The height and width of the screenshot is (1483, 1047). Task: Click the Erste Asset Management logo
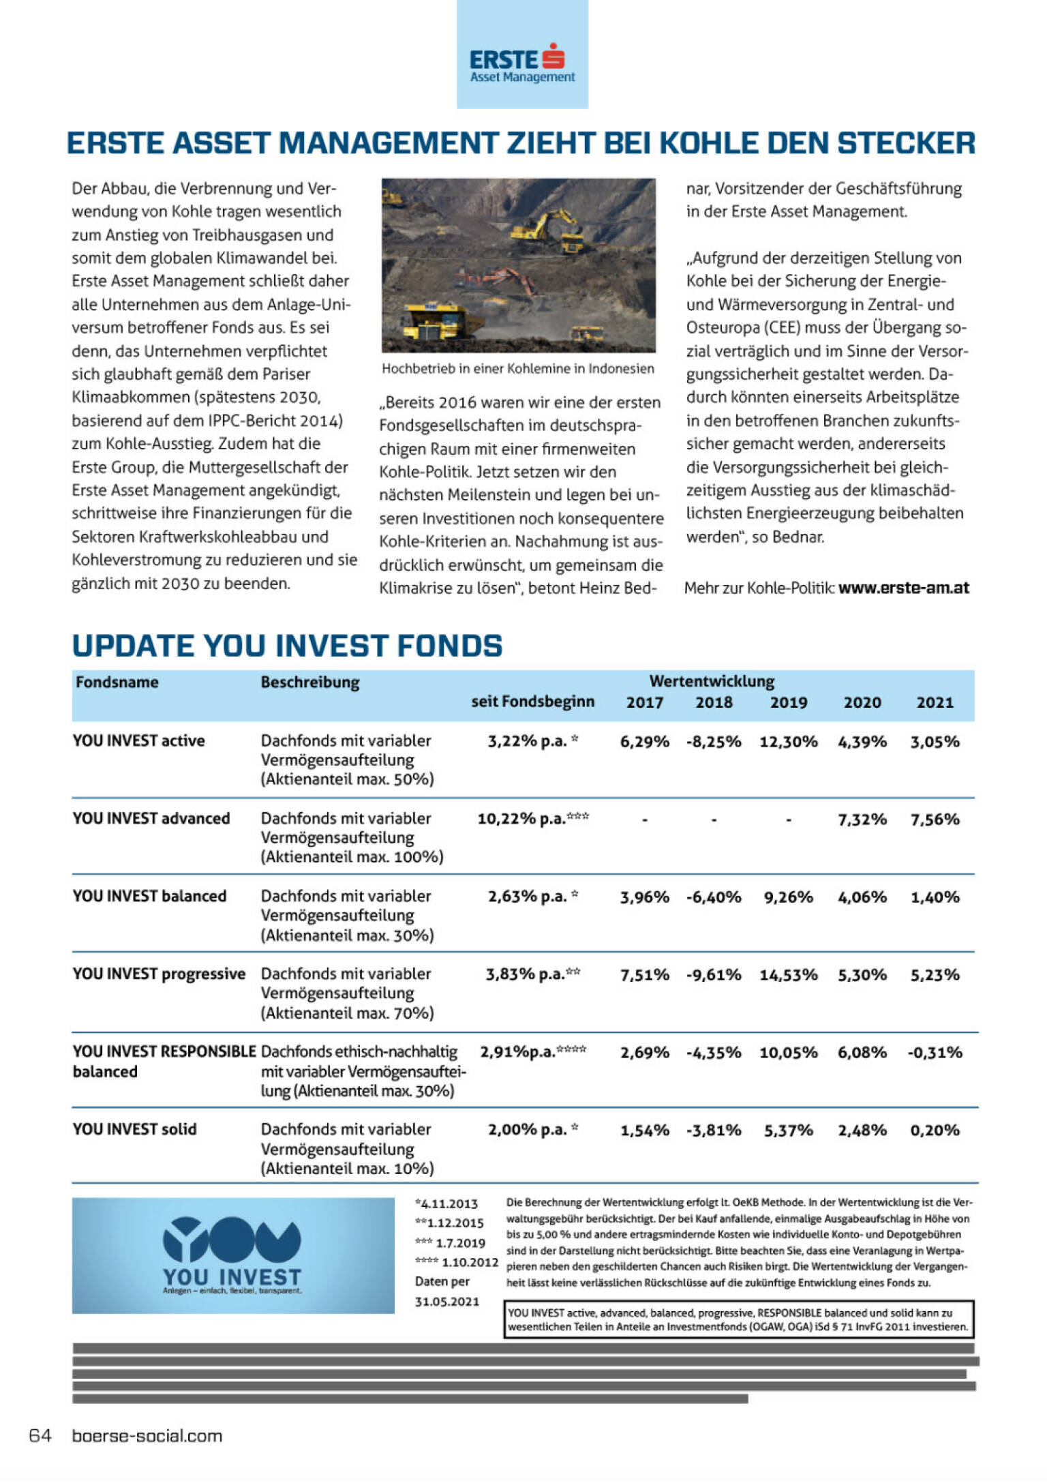click(x=522, y=63)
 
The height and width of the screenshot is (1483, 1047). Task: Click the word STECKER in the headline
click(x=906, y=143)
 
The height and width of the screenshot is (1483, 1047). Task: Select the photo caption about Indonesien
click(x=517, y=369)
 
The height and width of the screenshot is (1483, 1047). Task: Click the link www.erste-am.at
click(x=903, y=588)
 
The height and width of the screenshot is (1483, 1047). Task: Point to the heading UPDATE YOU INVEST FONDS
click(x=287, y=646)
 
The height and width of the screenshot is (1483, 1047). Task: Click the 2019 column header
click(x=788, y=702)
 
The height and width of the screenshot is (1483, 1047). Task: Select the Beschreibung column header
click(x=310, y=682)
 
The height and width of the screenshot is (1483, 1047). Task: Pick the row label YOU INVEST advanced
click(x=151, y=818)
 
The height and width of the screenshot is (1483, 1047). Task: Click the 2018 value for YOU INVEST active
click(x=713, y=742)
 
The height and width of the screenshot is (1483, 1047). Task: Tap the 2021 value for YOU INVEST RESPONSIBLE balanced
click(x=935, y=1053)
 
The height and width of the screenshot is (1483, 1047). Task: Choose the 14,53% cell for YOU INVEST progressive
click(x=788, y=975)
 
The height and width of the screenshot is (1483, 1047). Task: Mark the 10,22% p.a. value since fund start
click(x=532, y=818)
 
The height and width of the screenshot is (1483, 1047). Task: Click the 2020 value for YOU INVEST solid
click(x=862, y=1130)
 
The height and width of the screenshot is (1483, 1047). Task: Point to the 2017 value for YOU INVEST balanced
click(x=644, y=897)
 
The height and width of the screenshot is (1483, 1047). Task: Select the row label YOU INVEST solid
click(x=134, y=1129)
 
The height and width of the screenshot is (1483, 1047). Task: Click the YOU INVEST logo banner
click(x=233, y=1255)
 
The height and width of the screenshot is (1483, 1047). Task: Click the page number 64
click(x=40, y=1436)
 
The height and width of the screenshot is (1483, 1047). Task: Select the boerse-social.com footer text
click(x=147, y=1436)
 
